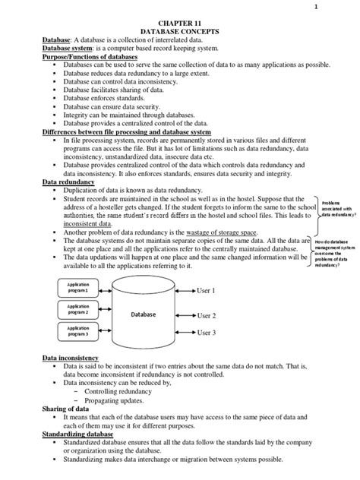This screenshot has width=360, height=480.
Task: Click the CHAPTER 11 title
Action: click(180, 25)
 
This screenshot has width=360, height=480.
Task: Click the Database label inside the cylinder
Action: click(143, 313)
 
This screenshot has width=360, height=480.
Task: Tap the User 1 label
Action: click(207, 291)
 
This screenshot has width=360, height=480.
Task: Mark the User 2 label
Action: click(207, 315)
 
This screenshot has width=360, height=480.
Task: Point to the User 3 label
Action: click(207, 333)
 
